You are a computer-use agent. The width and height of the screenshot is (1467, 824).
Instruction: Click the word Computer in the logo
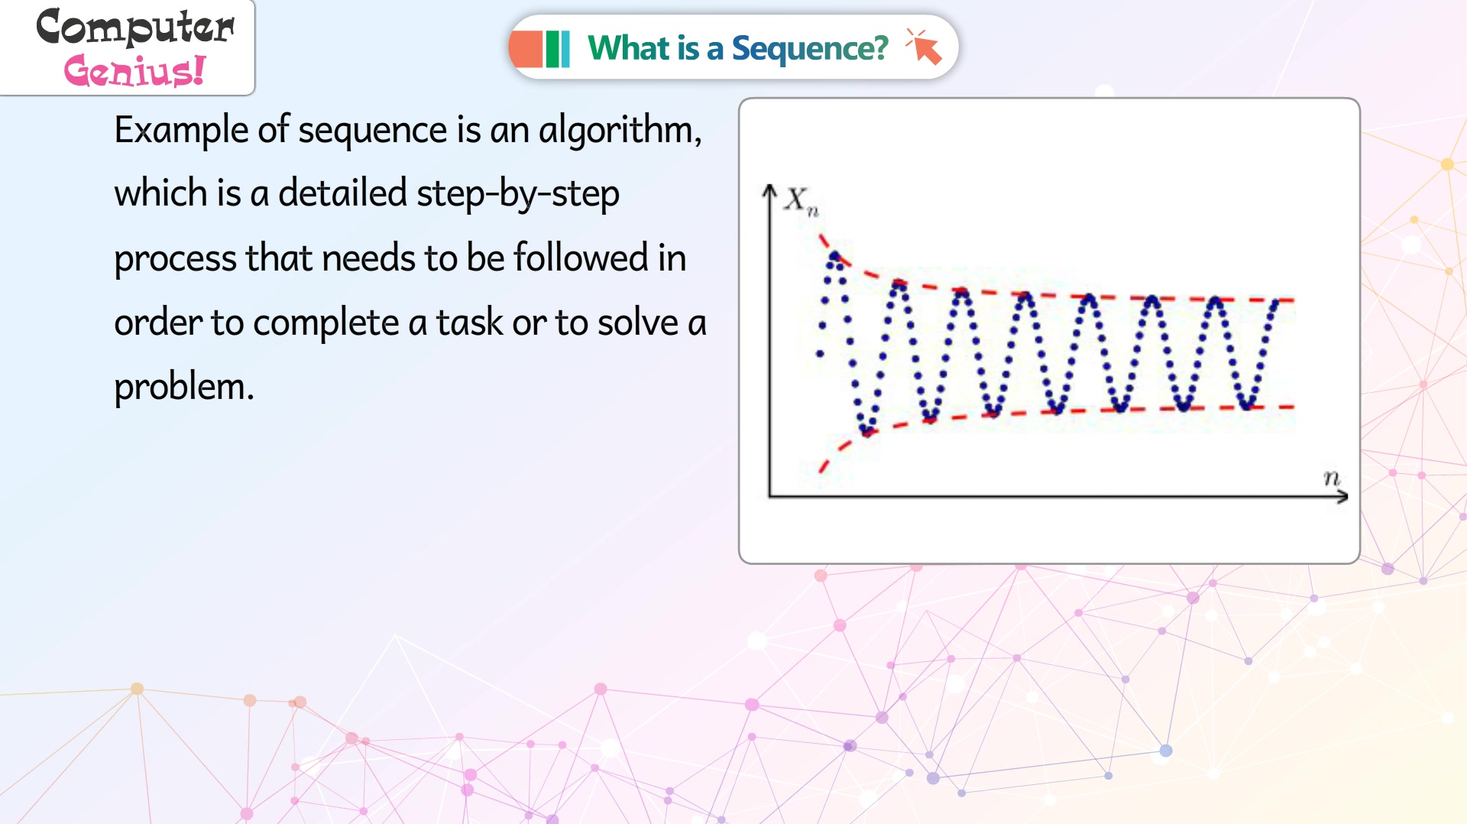(135, 27)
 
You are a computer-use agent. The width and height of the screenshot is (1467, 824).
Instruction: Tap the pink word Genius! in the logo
(134, 71)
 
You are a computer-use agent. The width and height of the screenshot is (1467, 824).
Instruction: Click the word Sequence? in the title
(810, 49)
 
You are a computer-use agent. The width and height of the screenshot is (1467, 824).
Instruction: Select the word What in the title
(629, 47)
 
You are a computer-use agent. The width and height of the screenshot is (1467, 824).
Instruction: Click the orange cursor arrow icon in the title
(924, 47)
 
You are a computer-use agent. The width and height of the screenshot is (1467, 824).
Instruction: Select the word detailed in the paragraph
(342, 193)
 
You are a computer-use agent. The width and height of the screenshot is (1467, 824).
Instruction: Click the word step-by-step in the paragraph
(518, 195)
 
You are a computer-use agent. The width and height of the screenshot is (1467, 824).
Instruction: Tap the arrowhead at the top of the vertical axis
(769, 190)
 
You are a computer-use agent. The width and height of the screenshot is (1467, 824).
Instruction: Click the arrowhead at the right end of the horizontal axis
(1342, 497)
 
